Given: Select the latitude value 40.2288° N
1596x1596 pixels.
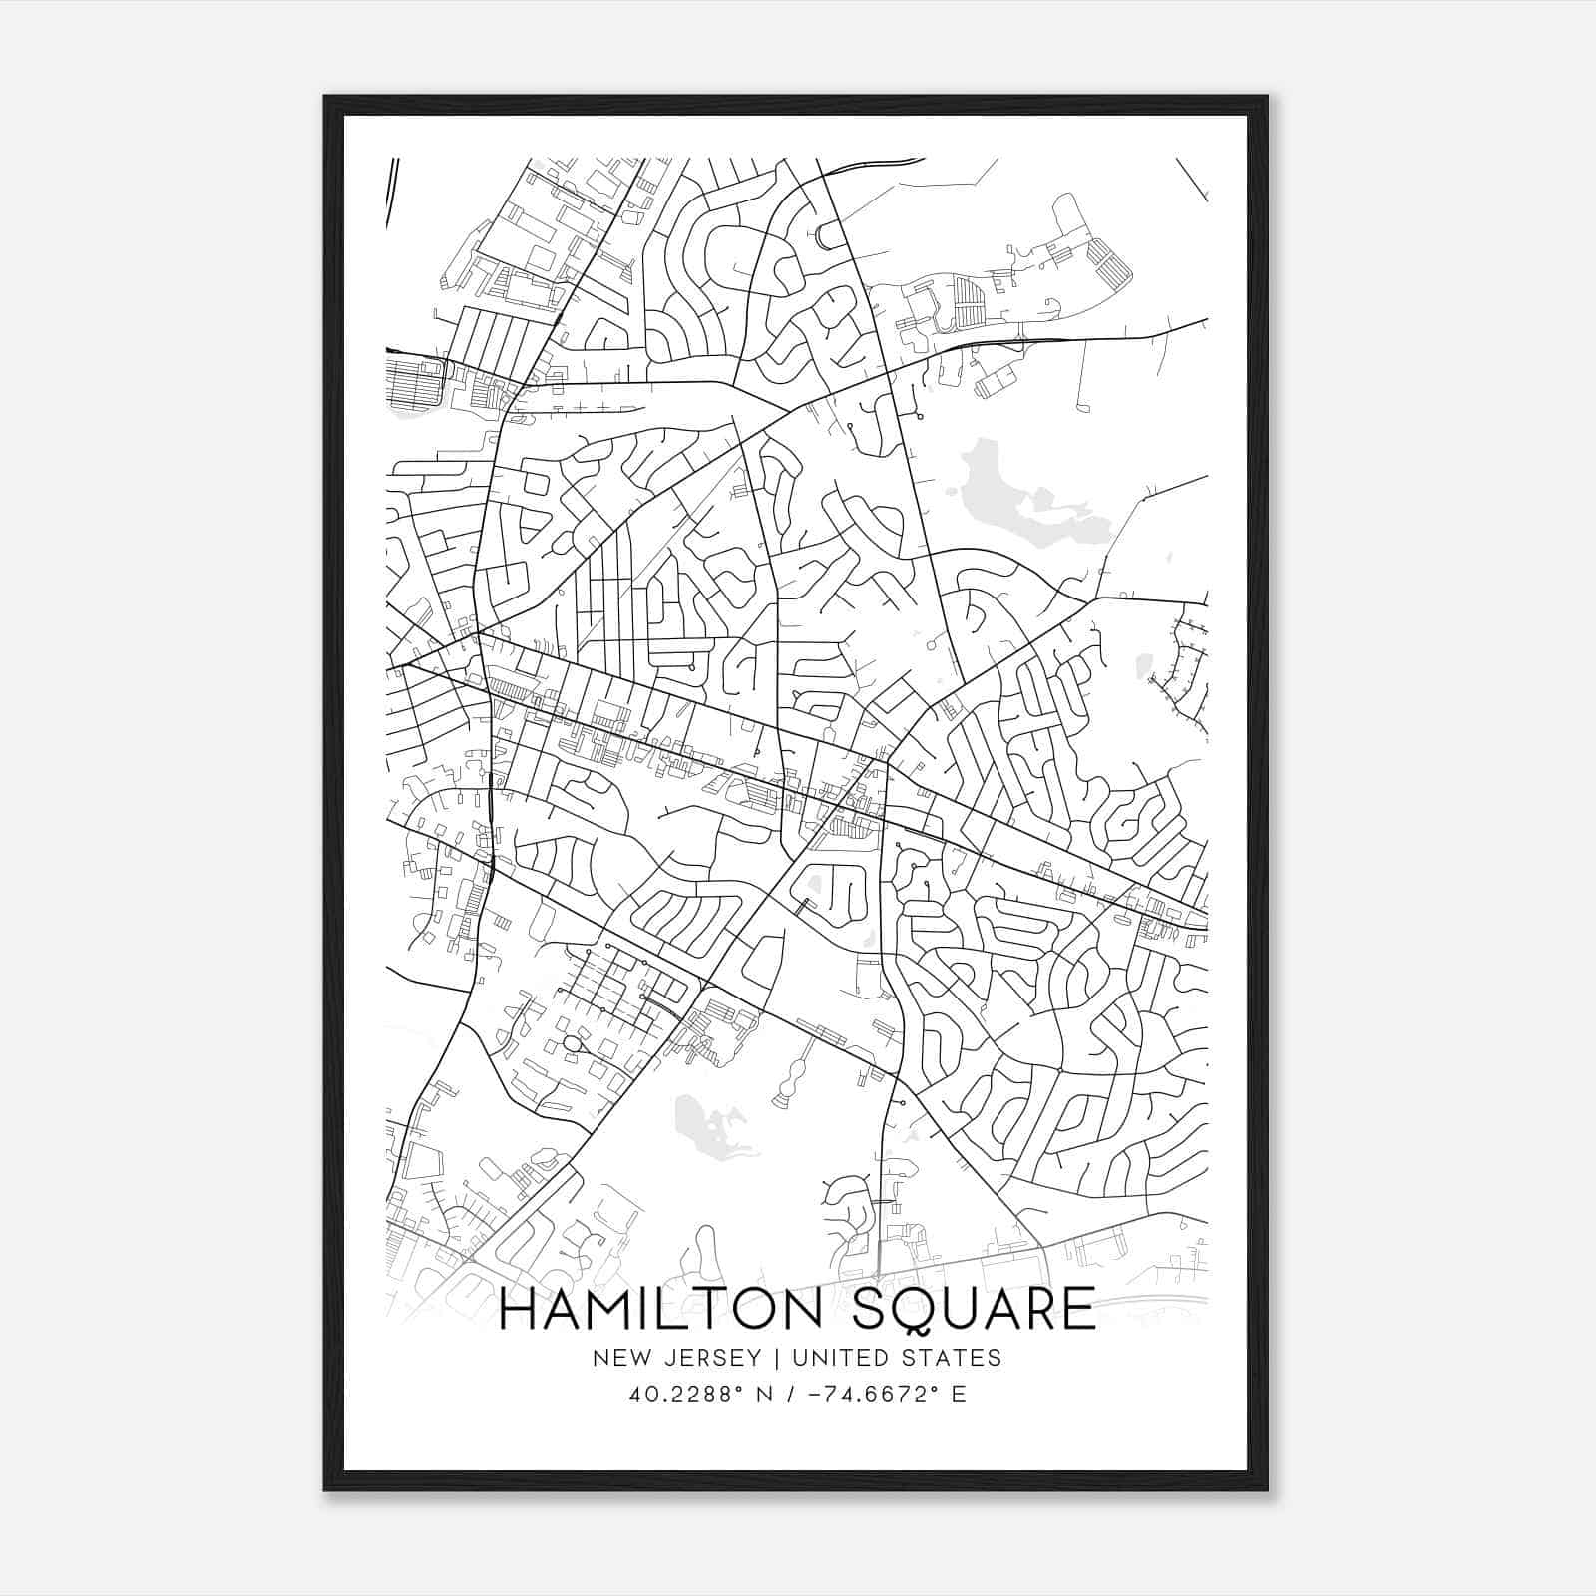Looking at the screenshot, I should pyautogui.click(x=694, y=1395).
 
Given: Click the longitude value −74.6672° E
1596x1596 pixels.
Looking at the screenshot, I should pyautogui.click(x=885, y=1395).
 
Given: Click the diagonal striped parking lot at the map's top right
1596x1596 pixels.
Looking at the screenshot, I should pyautogui.click(x=1109, y=261).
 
